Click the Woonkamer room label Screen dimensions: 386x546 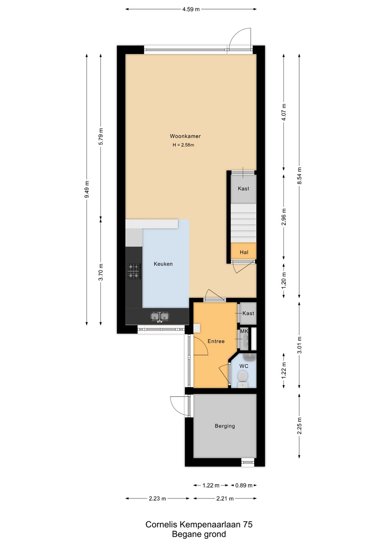click(x=185, y=136)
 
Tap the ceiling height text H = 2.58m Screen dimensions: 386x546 click(x=183, y=145)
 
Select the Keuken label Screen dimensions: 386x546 click(x=163, y=264)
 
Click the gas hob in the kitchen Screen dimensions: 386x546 click(x=134, y=271)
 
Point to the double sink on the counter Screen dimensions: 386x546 click(x=160, y=316)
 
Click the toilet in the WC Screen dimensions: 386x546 click(x=242, y=378)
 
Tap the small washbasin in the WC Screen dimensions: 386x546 click(x=249, y=357)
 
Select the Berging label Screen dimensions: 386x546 click(x=225, y=426)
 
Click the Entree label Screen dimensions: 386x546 click(x=216, y=341)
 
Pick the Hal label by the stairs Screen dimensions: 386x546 click(x=244, y=252)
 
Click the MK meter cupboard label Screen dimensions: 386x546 click(x=244, y=331)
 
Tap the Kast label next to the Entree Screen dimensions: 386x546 click(x=248, y=313)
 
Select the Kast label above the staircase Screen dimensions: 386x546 click(x=243, y=188)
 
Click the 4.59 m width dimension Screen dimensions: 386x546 click(x=191, y=9)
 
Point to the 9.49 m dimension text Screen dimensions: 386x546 click(x=87, y=190)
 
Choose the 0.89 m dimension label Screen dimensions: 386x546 click(x=244, y=485)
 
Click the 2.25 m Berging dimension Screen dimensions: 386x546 click(x=300, y=425)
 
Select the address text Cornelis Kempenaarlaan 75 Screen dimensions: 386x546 click(x=199, y=524)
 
